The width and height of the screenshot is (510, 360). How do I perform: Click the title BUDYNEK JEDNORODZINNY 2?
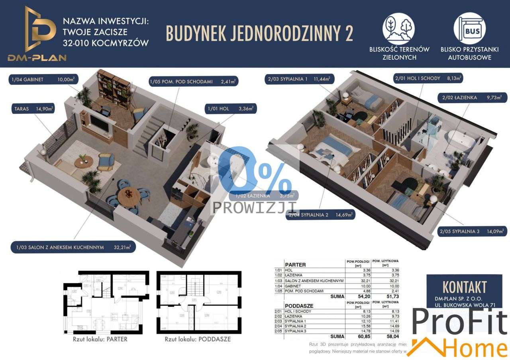coord(259,33)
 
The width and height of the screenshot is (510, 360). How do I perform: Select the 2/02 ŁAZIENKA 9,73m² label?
coord(472,97)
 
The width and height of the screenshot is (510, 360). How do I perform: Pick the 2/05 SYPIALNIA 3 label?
coord(472,231)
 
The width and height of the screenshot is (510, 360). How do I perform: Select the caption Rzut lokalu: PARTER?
coord(100,340)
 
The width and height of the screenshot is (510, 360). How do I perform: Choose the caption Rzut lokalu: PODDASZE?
coord(198,340)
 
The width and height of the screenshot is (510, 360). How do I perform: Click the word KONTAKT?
coord(464,287)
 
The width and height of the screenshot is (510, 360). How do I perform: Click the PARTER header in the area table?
coord(295,264)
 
